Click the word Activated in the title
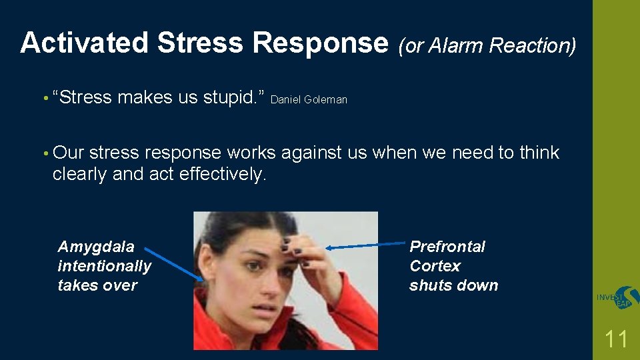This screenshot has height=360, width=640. pyautogui.click(x=85, y=43)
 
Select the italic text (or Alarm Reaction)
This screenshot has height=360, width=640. pyautogui.click(x=487, y=45)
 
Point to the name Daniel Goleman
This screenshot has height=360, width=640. pyautogui.click(x=309, y=100)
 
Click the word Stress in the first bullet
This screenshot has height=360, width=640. pyautogui.click(x=85, y=97)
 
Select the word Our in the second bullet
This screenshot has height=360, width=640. pyautogui.click(x=68, y=153)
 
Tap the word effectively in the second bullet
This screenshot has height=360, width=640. pyautogui.click(x=223, y=174)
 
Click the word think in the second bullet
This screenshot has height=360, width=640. pyautogui.click(x=539, y=153)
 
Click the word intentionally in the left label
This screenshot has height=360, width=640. pyautogui.click(x=105, y=266)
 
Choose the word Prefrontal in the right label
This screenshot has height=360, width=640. pyautogui.click(x=447, y=247)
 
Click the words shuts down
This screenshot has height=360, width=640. pyautogui.click(x=453, y=285)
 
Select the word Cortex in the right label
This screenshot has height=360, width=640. pyautogui.click(x=435, y=266)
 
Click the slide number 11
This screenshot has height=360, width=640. pyautogui.click(x=615, y=339)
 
